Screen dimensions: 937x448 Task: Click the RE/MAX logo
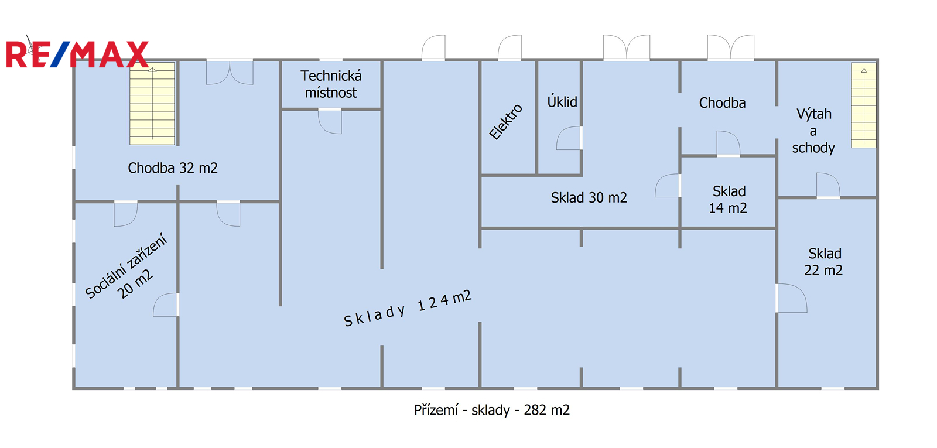(x=77, y=54)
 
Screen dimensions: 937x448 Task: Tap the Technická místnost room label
(x=331, y=84)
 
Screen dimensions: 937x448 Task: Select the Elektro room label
(x=506, y=122)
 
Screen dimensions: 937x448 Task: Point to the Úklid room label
(x=562, y=102)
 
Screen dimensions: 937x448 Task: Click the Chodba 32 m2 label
(x=173, y=167)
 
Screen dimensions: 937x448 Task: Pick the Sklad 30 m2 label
(x=589, y=197)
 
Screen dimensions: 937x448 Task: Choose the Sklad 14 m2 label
(x=729, y=200)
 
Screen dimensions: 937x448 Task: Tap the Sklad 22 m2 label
(x=823, y=262)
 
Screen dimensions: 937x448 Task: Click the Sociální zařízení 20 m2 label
(x=126, y=266)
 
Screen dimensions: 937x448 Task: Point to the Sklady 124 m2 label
(x=408, y=308)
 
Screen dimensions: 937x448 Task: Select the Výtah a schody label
(x=813, y=131)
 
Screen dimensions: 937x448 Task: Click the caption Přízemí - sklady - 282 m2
(x=492, y=410)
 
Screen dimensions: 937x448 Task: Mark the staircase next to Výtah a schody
(x=864, y=105)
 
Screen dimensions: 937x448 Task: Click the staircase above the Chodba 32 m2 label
(x=152, y=104)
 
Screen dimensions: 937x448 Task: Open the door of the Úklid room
(x=569, y=138)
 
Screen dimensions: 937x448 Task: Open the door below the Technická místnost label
(x=330, y=121)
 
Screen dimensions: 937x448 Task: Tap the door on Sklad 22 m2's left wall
(x=791, y=298)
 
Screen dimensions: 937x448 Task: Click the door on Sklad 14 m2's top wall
(x=729, y=143)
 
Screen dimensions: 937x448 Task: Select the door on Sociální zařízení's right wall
(x=166, y=305)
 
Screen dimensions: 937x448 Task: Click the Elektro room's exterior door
(x=509, y=47)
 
